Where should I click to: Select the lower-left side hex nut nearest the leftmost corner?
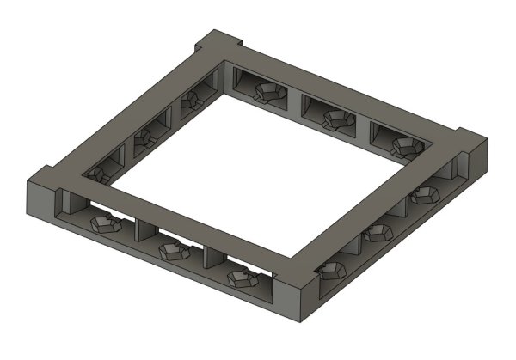click(x=104, y=226)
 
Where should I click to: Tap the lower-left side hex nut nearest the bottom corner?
click(x=242, y=277)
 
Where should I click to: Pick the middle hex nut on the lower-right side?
click(x=377, y=235)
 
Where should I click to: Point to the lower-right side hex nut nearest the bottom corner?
click(x=330, y=272)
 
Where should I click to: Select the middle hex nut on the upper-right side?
click(x=334, y=119)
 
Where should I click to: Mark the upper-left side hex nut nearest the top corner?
click(x=191, y=102)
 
